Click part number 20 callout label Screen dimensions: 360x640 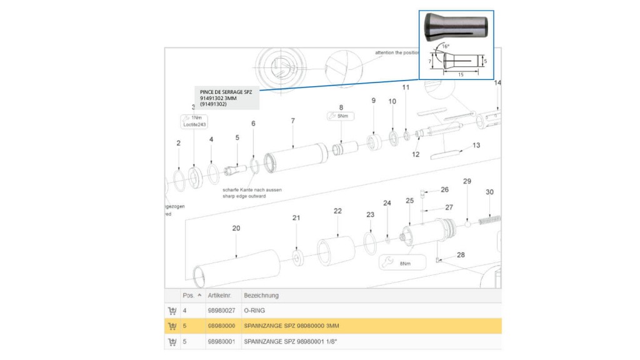tap(236, 228)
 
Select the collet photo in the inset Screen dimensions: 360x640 tap(456, 27)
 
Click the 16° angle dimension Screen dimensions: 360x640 tap(444, 46)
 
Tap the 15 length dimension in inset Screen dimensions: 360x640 tap(461, 74)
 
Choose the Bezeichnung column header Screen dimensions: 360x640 tap(261, 295)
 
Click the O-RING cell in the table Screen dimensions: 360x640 tap(256, 311)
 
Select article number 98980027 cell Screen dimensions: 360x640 tap(221, 311)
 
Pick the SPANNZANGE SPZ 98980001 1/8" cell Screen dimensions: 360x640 tap(286, 342)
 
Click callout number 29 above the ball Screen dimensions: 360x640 tap(466, 181)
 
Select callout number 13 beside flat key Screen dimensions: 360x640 tap(476, 145)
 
